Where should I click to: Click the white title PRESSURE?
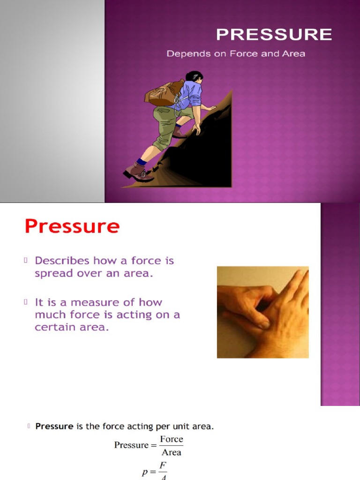(274, 35)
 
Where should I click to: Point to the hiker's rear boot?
(137, 172)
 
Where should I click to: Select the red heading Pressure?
(72, 227)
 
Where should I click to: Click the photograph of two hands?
(262, 312)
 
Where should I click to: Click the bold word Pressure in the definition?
(54, 427)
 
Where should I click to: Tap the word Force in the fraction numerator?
(172, 439)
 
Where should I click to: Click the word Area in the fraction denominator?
(172, 453)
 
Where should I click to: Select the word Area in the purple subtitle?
(293, 54)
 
